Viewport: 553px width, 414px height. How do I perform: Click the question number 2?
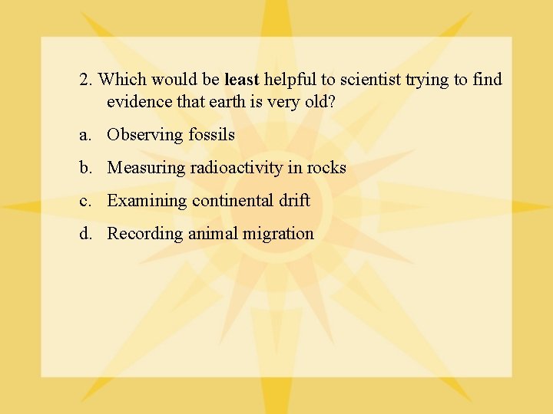pyautogui.click(x=84, y=80)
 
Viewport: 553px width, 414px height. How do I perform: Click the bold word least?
pyautogui.click(x=242, y=80)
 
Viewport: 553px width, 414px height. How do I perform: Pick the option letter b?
pyautogui.click(x=84, y=168)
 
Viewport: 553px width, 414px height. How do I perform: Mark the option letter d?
pyautogui.click(x=84, y=234)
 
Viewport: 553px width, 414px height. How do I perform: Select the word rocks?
pyautogui.click(x=326, y=168)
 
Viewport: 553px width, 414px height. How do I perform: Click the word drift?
pyautogui.click(x=295, y=201)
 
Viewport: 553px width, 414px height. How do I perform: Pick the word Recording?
pyautogui.click(x=145, y=234)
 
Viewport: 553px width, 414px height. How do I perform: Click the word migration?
pyautogui.click(x=280, y=234)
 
